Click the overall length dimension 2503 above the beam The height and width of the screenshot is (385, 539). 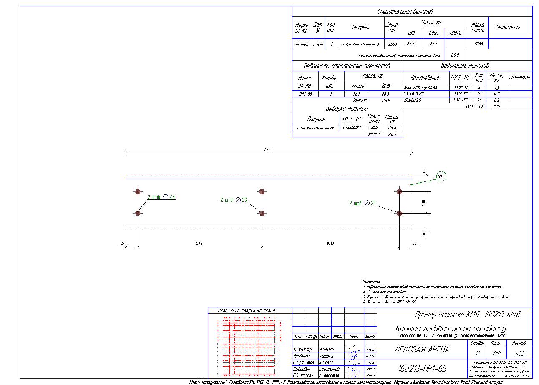268,150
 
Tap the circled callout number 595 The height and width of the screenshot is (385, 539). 441,177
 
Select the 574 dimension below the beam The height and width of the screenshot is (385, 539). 199,243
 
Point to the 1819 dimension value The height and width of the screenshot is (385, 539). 330,243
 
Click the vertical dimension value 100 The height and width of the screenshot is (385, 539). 423,202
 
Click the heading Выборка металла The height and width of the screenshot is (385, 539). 347,108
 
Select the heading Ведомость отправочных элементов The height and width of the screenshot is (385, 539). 347,66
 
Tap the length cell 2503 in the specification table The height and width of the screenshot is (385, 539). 392,44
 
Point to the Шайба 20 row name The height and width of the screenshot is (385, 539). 413,100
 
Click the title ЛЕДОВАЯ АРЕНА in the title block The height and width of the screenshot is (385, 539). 421,350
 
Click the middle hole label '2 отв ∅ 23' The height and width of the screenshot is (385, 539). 234,200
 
